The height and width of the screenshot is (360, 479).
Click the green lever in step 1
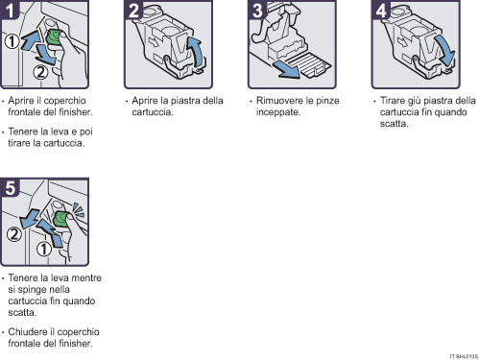point(55,39)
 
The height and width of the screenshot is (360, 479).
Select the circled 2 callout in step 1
point(39,70)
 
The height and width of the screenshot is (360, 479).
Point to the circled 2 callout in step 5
point(12,233)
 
